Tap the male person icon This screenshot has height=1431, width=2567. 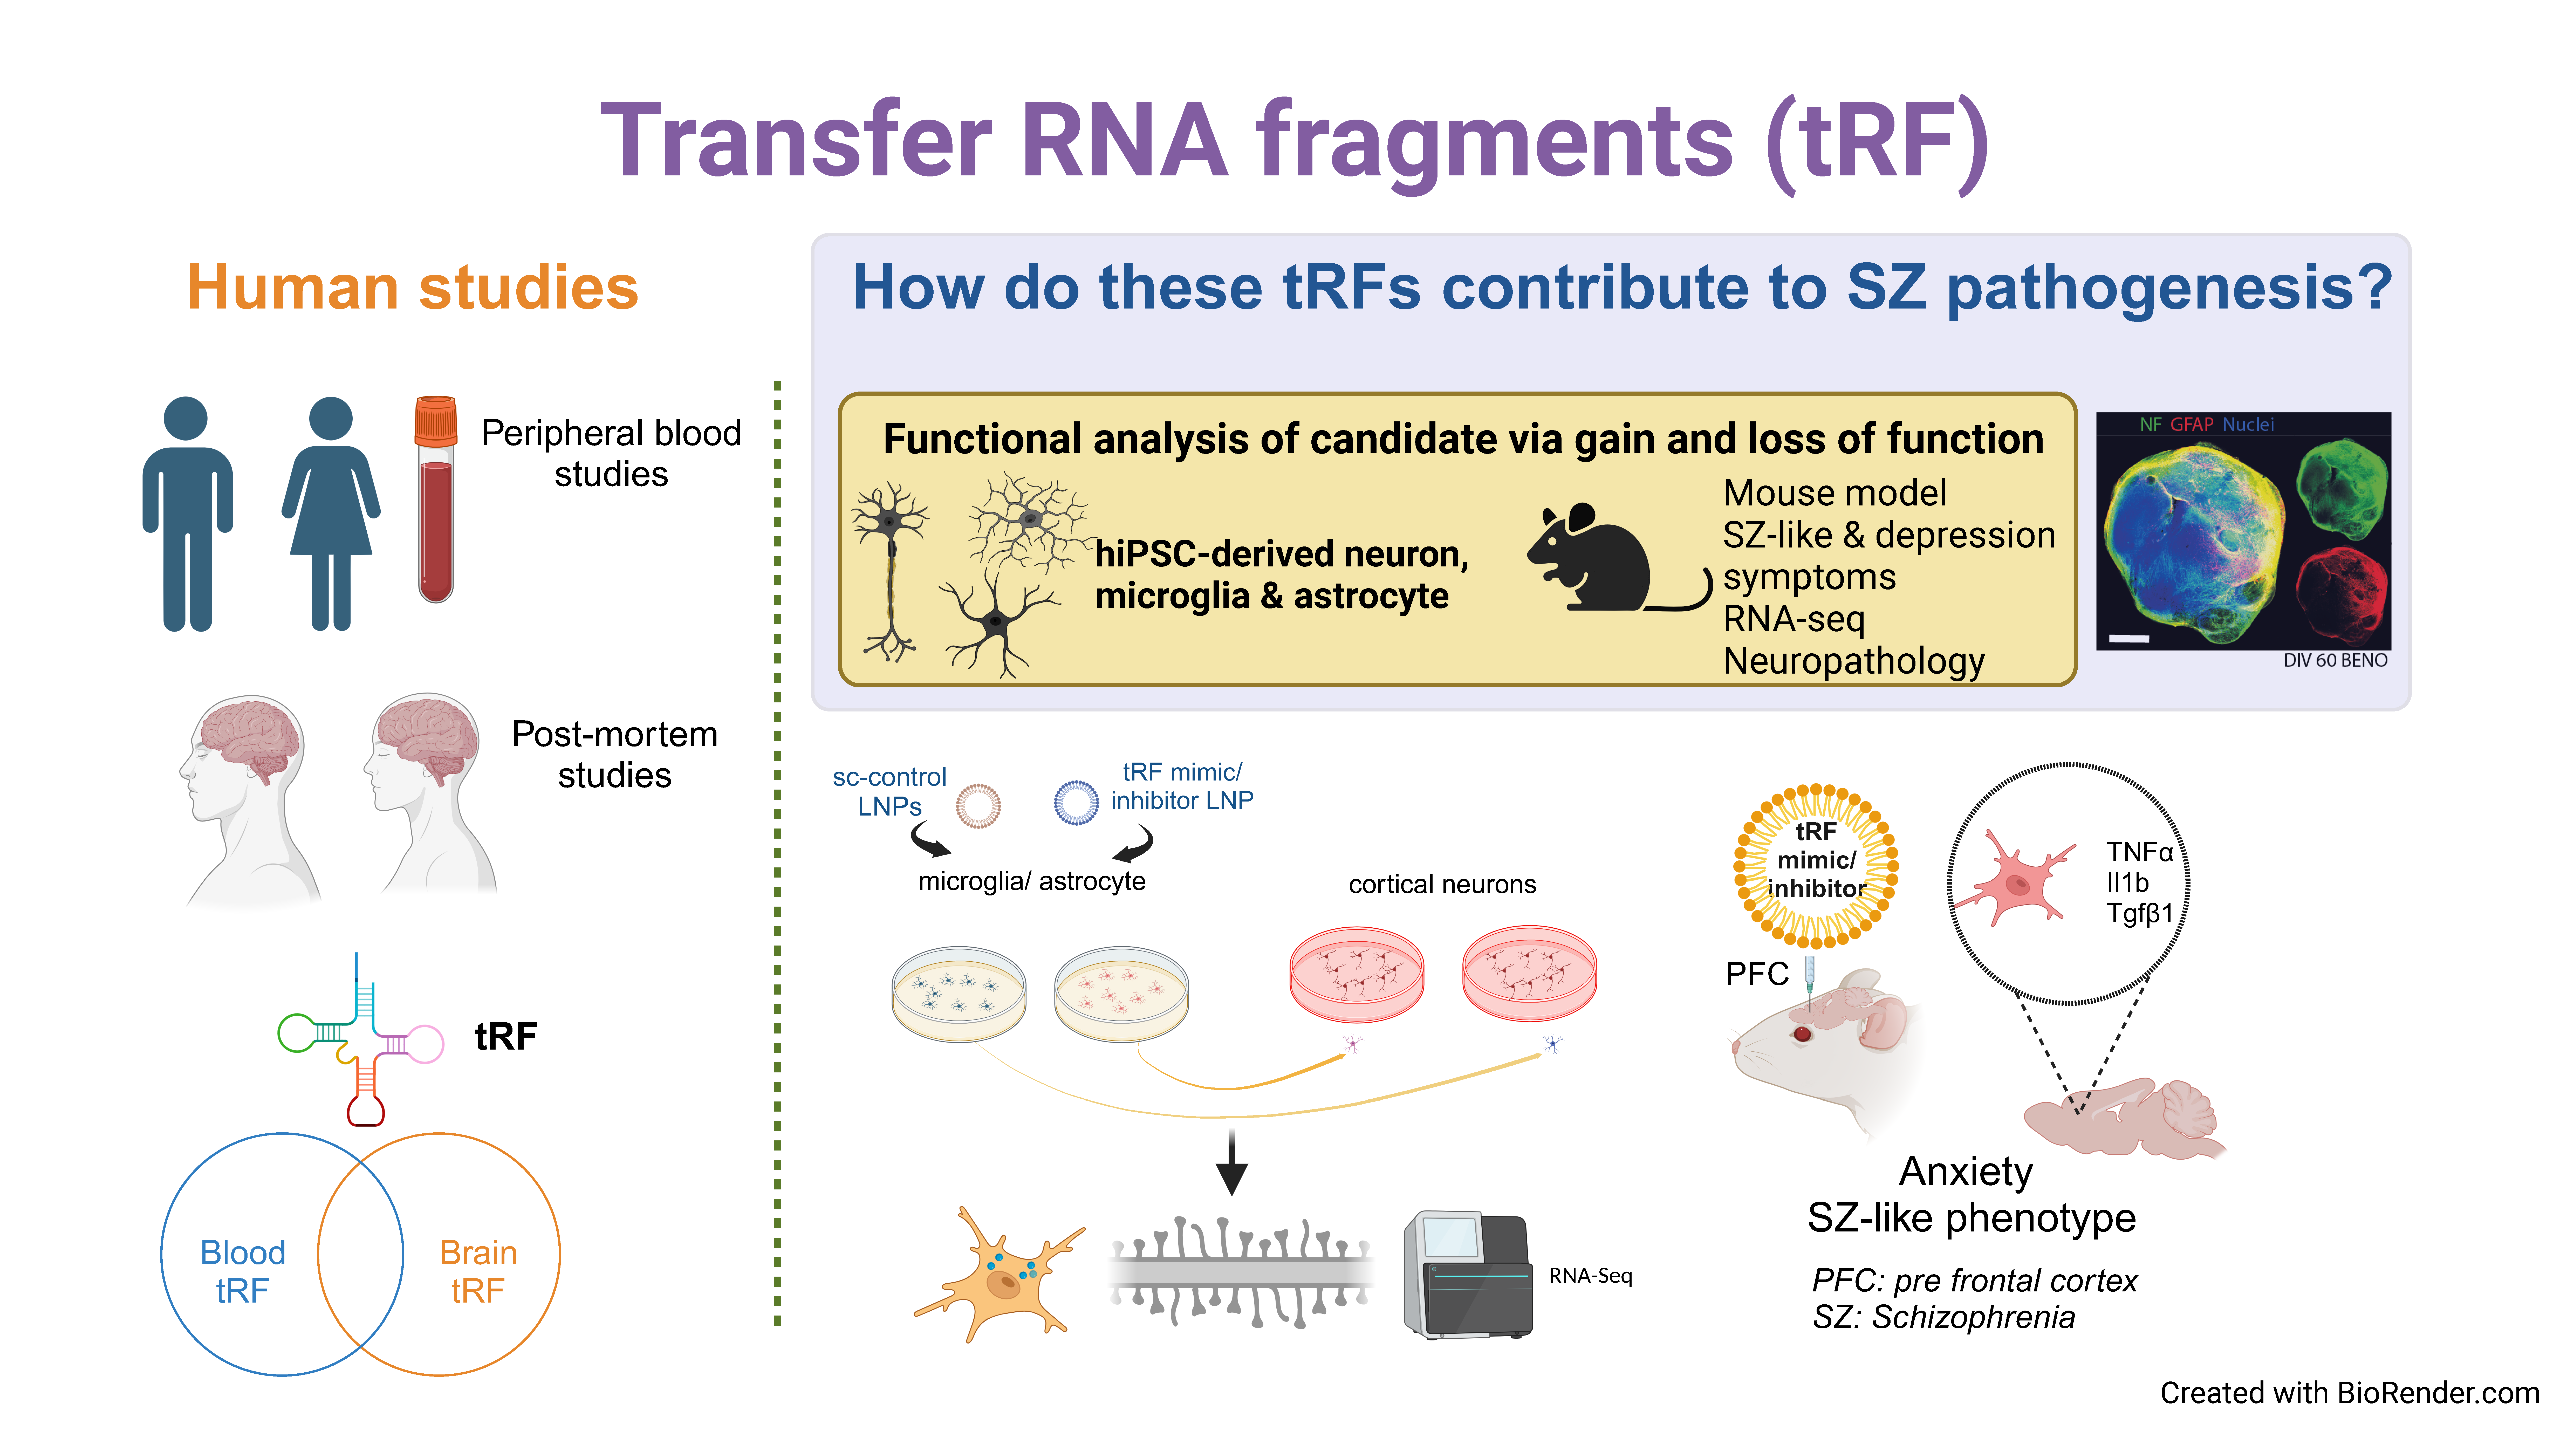(x=187, y=513)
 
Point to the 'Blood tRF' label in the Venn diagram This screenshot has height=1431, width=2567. (x=242, y=1271)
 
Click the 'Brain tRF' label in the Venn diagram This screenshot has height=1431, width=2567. (x=478, y=1271)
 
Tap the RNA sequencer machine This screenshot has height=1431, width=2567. (x=1467, y=1276)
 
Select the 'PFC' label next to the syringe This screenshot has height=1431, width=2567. (x=1757, y=974)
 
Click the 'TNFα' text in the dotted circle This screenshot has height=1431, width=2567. (x=2139, y=852)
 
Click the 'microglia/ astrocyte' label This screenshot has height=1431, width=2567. (x=1031, y=881)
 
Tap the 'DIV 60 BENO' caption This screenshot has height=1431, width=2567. (x=2335, y=661)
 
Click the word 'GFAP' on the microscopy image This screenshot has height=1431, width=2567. (x=2191, y=424)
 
